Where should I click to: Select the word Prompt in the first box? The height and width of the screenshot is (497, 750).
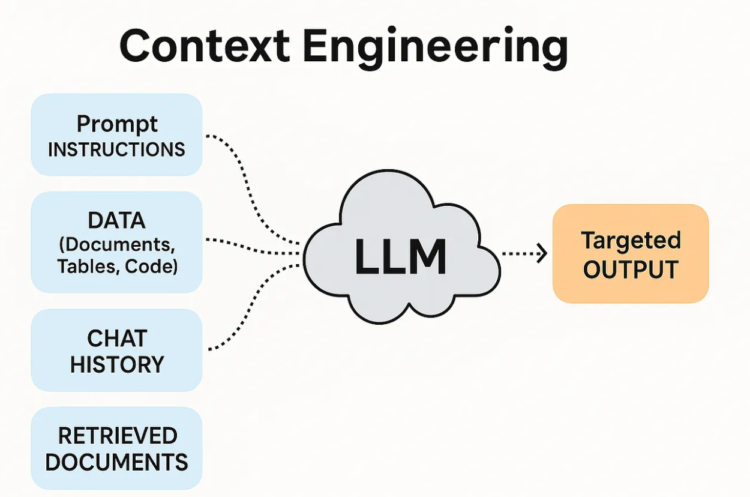pos(117,124)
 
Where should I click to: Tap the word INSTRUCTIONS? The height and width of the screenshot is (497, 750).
pos(116,149)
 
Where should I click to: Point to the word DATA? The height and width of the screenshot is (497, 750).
pos(116,220)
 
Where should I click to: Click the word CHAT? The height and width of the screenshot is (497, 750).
pos(116,339)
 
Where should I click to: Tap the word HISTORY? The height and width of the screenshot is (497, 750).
pos(116,364)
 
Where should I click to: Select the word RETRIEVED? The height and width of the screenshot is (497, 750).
pos(116,436)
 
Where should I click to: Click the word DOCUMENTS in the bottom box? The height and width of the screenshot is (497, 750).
pos(116,462)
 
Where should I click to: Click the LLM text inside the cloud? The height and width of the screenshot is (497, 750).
pos(400,256)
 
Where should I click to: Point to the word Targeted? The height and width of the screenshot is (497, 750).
pos(631,241)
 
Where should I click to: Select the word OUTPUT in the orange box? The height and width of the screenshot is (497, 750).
pos(631,270)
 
